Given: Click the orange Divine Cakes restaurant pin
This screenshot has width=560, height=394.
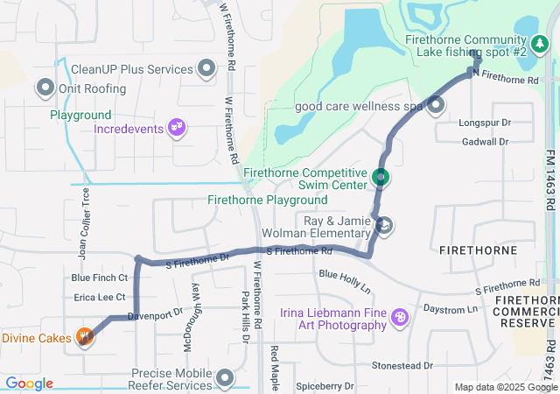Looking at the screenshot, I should (x=85, y=337).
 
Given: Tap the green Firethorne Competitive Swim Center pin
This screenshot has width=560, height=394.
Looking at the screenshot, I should (x=380, y=178).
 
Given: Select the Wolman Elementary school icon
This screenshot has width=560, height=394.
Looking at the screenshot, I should (x=383, y=227).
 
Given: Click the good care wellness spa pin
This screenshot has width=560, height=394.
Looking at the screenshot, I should (x=436, y=106).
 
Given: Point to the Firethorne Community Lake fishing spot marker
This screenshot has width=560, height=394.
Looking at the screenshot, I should (x=539, y=44).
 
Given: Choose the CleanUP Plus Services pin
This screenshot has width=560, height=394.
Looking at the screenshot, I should (x=207, y=68).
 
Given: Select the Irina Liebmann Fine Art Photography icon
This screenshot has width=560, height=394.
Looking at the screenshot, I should (x=400, y=317).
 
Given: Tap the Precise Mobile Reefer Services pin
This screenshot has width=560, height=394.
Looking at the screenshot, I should (x=227, y=378).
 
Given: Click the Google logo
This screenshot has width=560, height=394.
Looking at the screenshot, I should (x=29, y=383).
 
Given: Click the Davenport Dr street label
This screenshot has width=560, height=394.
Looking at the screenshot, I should (x=153, y=313).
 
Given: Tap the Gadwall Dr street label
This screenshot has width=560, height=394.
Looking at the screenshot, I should (x=484, y=141).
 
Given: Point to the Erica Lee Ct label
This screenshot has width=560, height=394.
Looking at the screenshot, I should (x=100, y=298).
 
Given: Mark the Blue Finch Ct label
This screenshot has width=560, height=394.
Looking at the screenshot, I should (x=100, y=278).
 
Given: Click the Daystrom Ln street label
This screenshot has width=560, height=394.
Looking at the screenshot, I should (x=451, y=309).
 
